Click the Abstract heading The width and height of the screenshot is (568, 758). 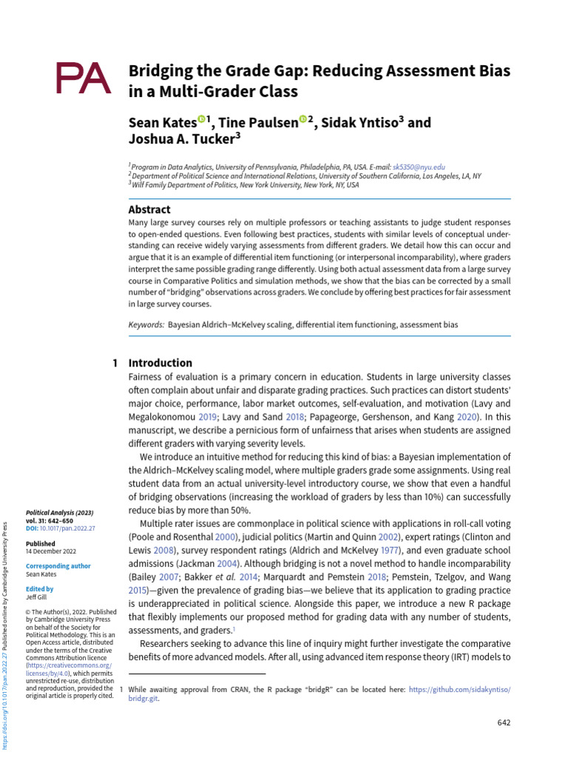pyautogui.click(x=149, y=209)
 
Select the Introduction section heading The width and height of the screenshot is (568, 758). pyautogui.click(x=160, y=363)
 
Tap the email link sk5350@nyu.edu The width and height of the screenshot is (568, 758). pyautogui.click(x=419, y=168)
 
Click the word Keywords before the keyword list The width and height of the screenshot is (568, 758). pyautogui.click(x=146, y=324)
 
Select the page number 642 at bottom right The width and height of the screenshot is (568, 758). pyautogui.click(x=502, y=722)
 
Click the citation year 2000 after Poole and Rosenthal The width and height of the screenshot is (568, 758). pyautogui.click(x=226, y=537)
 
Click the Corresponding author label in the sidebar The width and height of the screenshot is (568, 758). pyautogui.click(x=58, y=566)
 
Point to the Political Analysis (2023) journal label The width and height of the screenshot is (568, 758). pyautogui.click(x=59, y=512)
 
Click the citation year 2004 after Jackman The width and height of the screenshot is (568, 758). pyautogui.click(x=237, y=566)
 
